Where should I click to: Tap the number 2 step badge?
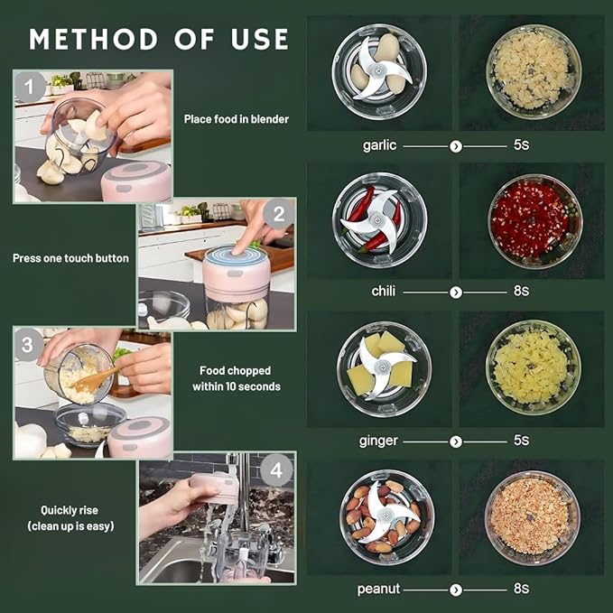pos(279,215)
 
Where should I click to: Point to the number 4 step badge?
pos(278,469)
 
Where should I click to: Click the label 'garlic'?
pos(379,145)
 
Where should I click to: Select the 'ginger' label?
pos(379,441)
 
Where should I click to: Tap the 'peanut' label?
pos(379,588)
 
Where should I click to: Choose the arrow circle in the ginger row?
pos(456,441)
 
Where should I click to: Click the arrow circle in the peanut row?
pos(456,588)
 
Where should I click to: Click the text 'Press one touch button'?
pos(70,258)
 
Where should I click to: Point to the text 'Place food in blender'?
pos(237,118)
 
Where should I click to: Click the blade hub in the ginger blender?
pos(383,367)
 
